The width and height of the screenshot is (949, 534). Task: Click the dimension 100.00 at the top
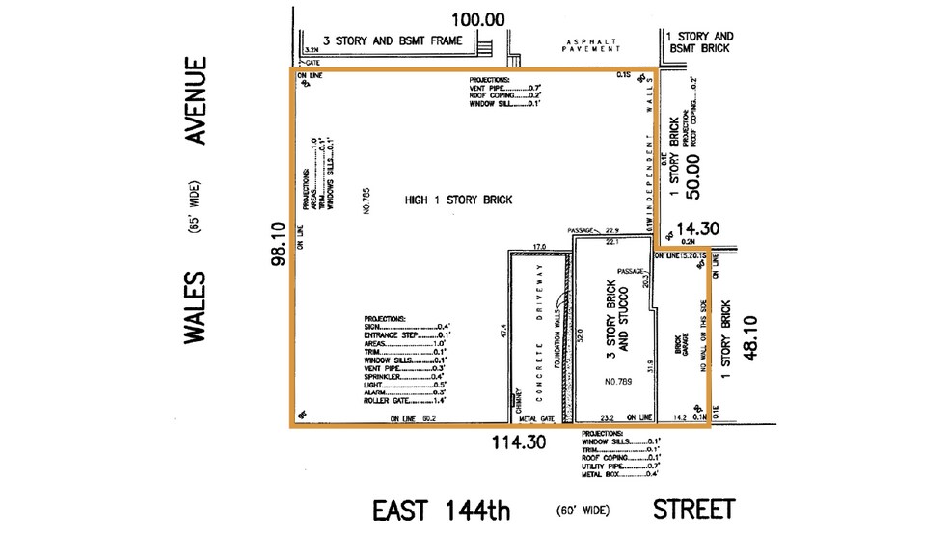pyautogui.click(x=479, y=18)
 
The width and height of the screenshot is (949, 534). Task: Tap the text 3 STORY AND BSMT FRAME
pyautogui.click(x=393, y=40)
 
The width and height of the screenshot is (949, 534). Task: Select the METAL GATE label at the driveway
pyautogui.click(x=538, y=419)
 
